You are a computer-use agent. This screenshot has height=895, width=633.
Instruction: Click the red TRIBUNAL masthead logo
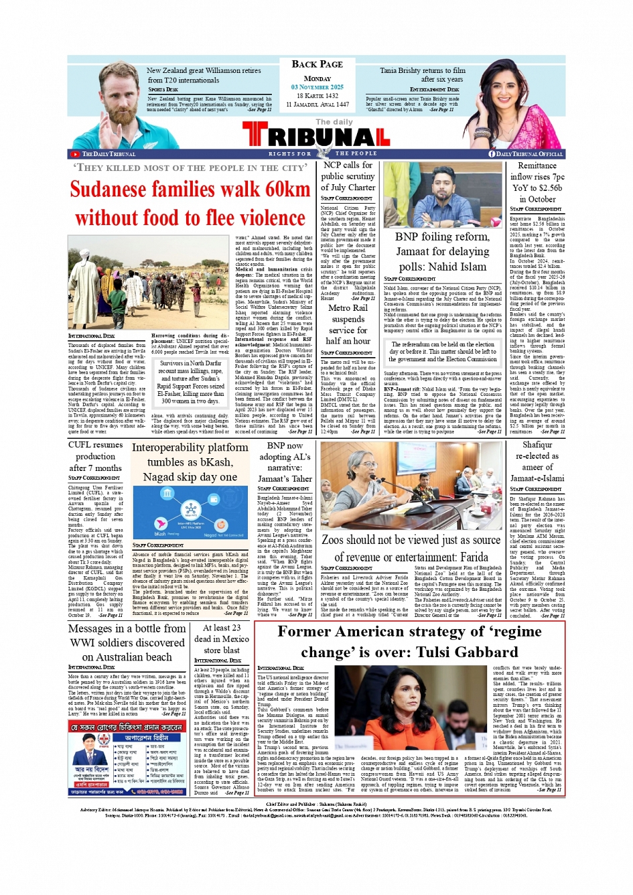(x=316, y=136)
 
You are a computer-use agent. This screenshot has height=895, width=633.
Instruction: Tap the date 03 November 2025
(x=317, y=87)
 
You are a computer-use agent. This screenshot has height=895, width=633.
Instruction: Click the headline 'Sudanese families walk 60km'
(x=190, y=189)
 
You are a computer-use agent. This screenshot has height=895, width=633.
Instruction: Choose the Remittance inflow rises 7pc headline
(x=537, y=182)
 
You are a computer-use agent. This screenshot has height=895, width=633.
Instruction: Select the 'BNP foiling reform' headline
(x=442, y=251)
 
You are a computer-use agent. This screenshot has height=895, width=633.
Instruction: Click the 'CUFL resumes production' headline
(x=95, y=456)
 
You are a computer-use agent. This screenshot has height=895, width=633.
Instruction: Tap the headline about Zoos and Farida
(x=411, y=548)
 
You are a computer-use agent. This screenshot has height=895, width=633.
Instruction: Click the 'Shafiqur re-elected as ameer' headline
(x=537, y=461)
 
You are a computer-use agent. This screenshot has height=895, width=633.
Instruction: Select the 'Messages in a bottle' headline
(x=127, y=642)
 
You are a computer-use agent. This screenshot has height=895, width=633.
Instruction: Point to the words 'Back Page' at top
(x=317, y=64)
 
